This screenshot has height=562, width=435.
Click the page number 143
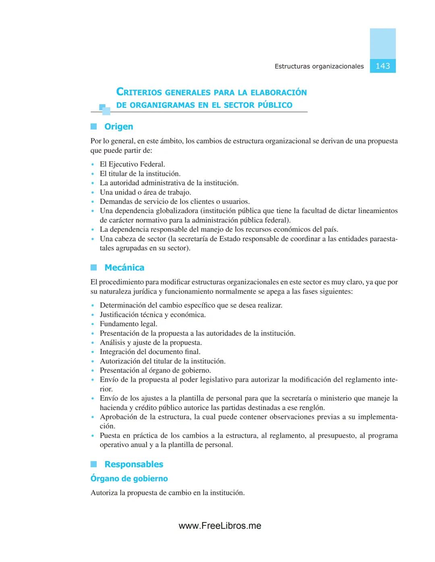pyautogui.click(x=383, y=66)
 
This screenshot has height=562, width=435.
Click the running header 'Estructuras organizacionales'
pyautogui.click(x=319, y=66)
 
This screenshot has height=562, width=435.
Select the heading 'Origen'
pyautogui.click(x=118, y=127)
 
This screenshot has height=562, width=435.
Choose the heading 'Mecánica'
pyautogui.click(x=124, y=268)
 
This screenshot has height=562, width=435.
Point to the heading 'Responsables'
pyautogui.click(x=134, y=464)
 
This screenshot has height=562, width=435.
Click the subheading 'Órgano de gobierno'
pyautogui.click(x=129, y=479)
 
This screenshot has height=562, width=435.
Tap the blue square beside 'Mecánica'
pyautogui.click(x=94, y=268)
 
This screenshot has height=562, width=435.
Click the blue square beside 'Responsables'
pyautogui.click(x=94, y=464)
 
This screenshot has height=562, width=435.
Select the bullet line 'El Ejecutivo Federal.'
pyautogui.click(x=133, y=164)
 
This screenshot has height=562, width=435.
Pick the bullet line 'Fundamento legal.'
pyautogui.click(x=128, y=324)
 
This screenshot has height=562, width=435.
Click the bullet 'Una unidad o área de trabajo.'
pyautogui.click(x=145, y=192)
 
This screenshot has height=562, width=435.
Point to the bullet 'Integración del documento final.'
pyautogui.click(x=150, y=352)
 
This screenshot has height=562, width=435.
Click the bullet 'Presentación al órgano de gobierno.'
pyautogui.click(x=155, y=371)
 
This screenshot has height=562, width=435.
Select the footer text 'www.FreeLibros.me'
pyautogui.click(x=220, y=526)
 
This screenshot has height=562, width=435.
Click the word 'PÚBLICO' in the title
pyautogui.click(x=275, y=105)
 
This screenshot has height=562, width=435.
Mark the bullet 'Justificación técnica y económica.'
pyautogui.click(x=153, y=315)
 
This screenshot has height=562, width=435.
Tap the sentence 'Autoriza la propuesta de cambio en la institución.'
pyautogui.click(x=168, y=493)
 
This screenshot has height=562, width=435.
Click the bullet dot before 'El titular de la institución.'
pyautogui.click(x=93, y=174)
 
